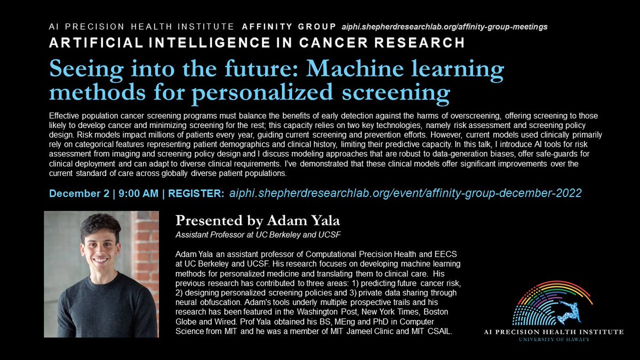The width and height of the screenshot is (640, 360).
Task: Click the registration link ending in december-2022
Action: coord(405,194)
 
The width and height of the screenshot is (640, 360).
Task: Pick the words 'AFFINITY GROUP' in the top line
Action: coord(289,26)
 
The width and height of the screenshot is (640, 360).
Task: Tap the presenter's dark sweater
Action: coord(101,309)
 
